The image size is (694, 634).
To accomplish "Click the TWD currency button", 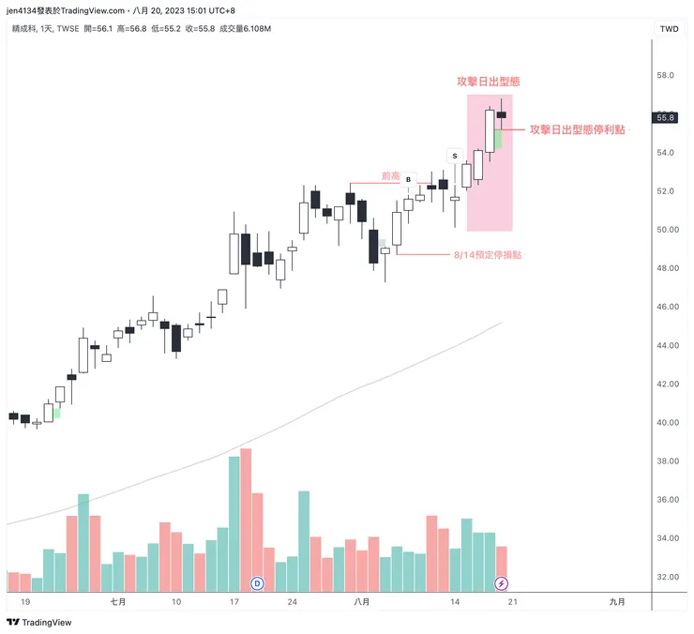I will (669, 29).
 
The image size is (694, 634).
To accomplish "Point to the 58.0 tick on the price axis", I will (666, 75).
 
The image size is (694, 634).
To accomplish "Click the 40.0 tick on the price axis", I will (666, 422).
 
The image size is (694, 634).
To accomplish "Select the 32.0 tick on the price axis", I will (666, 577).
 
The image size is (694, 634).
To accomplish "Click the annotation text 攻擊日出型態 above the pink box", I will (489, 82).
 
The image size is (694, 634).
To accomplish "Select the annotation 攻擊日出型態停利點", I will (577, 129).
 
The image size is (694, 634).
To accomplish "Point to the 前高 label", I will (390, 175).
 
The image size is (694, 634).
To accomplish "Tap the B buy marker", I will (408, 179).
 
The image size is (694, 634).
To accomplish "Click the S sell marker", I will (455, 155).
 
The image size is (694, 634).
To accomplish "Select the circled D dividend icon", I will (258, 583).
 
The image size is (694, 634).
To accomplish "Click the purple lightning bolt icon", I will (502, 583).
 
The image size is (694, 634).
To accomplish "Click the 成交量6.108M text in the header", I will (240, 29).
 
